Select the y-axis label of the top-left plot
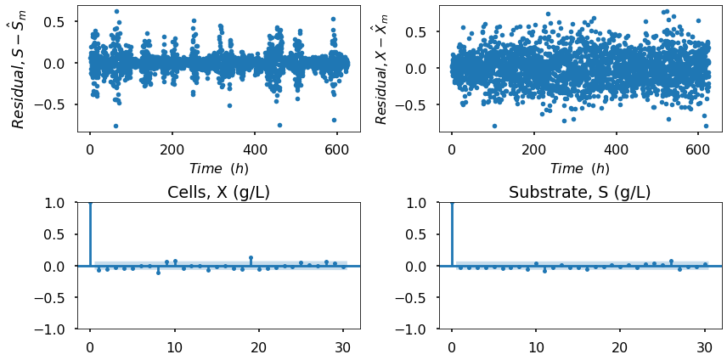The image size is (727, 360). point(18,69)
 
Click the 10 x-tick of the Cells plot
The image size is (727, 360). point(174,346)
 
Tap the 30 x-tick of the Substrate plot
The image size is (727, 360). point(704,346)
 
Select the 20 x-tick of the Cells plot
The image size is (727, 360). point(258,346)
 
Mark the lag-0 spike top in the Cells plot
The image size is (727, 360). point(90,203)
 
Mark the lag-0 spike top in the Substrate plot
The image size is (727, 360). point(452,203)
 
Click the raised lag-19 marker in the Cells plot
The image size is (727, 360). point(251,257)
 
